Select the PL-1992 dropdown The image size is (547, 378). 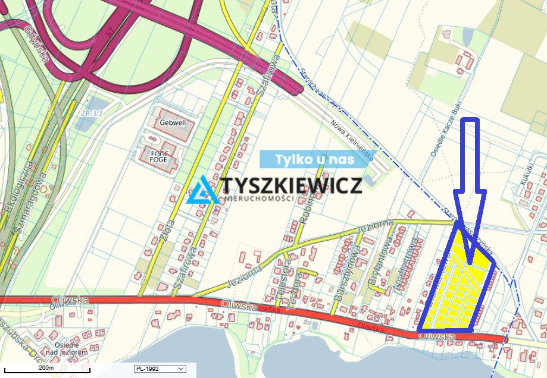click(160, 369)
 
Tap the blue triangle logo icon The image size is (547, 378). click(202, 190)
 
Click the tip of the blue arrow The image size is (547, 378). click(470, 263)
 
